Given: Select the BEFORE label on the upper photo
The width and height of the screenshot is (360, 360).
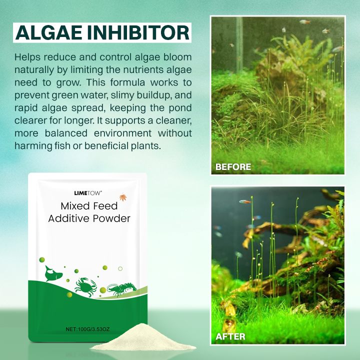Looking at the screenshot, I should point(233,167).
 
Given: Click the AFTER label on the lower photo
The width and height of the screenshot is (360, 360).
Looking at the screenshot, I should point(230,336).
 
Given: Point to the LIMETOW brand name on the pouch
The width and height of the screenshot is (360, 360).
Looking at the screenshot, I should point(88,192).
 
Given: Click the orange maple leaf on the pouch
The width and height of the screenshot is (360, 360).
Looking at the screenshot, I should point(123,197).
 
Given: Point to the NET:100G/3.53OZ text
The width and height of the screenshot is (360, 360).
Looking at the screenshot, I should point(88,329).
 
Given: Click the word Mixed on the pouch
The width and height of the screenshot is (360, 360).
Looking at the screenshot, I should point(75,205).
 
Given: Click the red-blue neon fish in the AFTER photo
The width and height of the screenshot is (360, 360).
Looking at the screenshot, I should point(245,201).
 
